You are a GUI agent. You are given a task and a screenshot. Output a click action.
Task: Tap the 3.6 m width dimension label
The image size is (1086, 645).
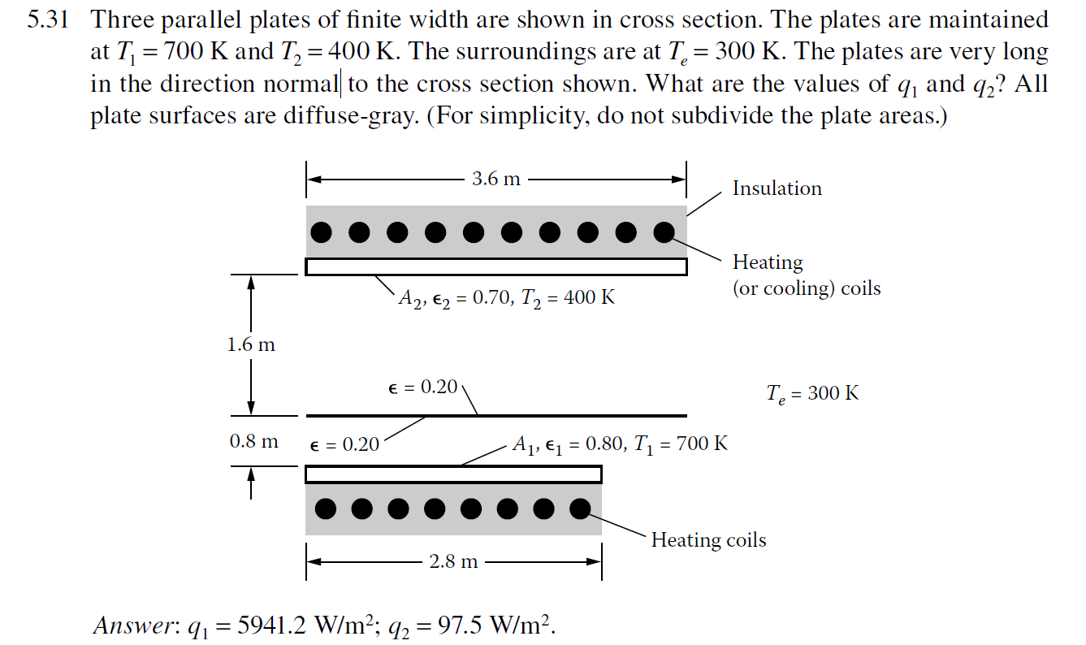495,178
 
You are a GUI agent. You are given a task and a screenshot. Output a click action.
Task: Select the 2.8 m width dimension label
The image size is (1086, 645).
453,561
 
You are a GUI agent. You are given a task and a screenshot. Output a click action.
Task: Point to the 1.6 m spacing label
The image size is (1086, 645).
251,344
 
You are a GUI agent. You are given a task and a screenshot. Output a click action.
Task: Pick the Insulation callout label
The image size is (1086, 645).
777,188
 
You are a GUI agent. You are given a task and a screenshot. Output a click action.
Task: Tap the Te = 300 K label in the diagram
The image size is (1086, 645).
812,394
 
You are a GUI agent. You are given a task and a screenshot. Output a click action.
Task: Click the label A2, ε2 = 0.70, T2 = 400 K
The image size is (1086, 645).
506,297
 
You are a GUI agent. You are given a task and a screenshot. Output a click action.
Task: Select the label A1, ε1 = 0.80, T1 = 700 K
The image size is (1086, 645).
620,444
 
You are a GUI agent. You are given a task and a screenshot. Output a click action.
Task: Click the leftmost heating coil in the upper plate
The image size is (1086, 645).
322,232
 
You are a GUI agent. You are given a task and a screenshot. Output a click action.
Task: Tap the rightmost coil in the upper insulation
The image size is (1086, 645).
664,232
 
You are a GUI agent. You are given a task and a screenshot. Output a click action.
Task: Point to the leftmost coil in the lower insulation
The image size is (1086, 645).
326,509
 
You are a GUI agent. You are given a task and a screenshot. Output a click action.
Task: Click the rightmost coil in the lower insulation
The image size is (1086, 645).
579,509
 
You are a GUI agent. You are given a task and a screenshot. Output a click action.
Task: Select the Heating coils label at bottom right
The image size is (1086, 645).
708,540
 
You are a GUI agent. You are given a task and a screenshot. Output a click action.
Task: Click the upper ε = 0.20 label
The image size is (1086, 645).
423,387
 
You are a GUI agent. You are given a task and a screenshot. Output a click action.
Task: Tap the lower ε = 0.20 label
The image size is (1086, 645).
345,444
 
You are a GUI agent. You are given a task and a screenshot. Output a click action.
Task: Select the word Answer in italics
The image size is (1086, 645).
122,626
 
